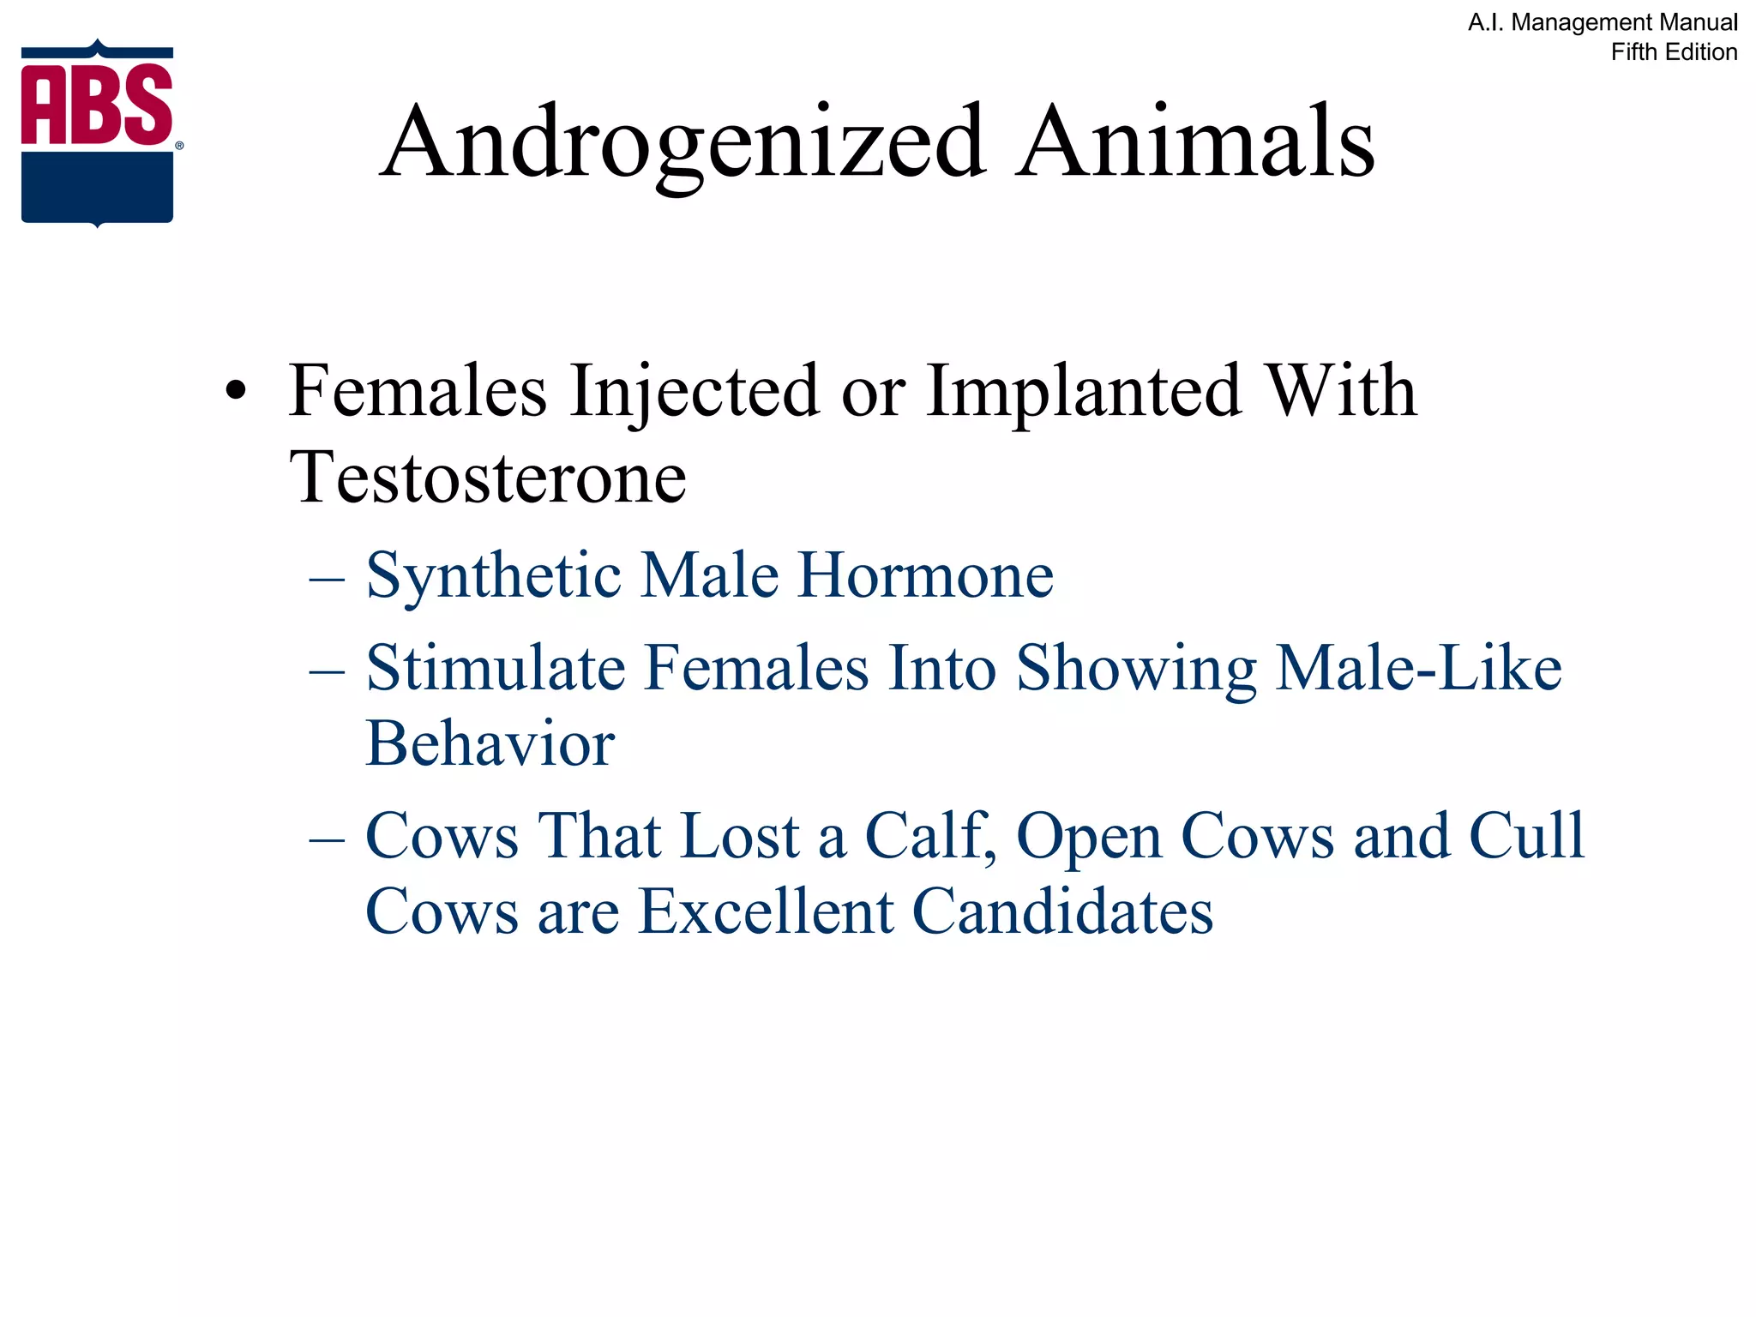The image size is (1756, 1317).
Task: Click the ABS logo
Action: (x=98, y=133)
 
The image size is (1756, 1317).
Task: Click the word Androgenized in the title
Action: (x=682, y=141)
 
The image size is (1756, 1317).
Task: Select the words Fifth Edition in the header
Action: (x=1673, y=52)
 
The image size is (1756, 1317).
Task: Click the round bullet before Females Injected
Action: (x=236, y=393)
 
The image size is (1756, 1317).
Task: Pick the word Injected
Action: (x=695, y=391)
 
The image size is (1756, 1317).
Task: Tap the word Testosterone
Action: (x=488, y=478)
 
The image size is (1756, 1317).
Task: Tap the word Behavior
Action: (x=490, y=743)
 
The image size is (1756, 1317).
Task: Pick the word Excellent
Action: (x=766, y=911)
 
